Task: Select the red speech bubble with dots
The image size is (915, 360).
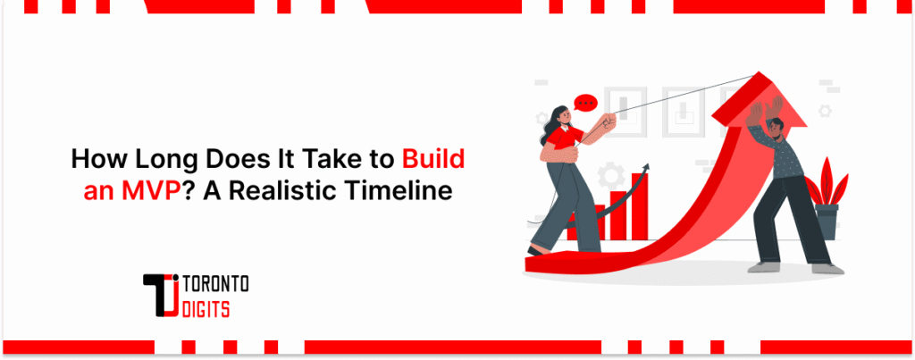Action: pos(585,103)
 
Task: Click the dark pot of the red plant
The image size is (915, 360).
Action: pos(827,221)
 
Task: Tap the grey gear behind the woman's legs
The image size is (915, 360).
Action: pos(609,173)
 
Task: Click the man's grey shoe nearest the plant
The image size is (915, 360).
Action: pos(827,267)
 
